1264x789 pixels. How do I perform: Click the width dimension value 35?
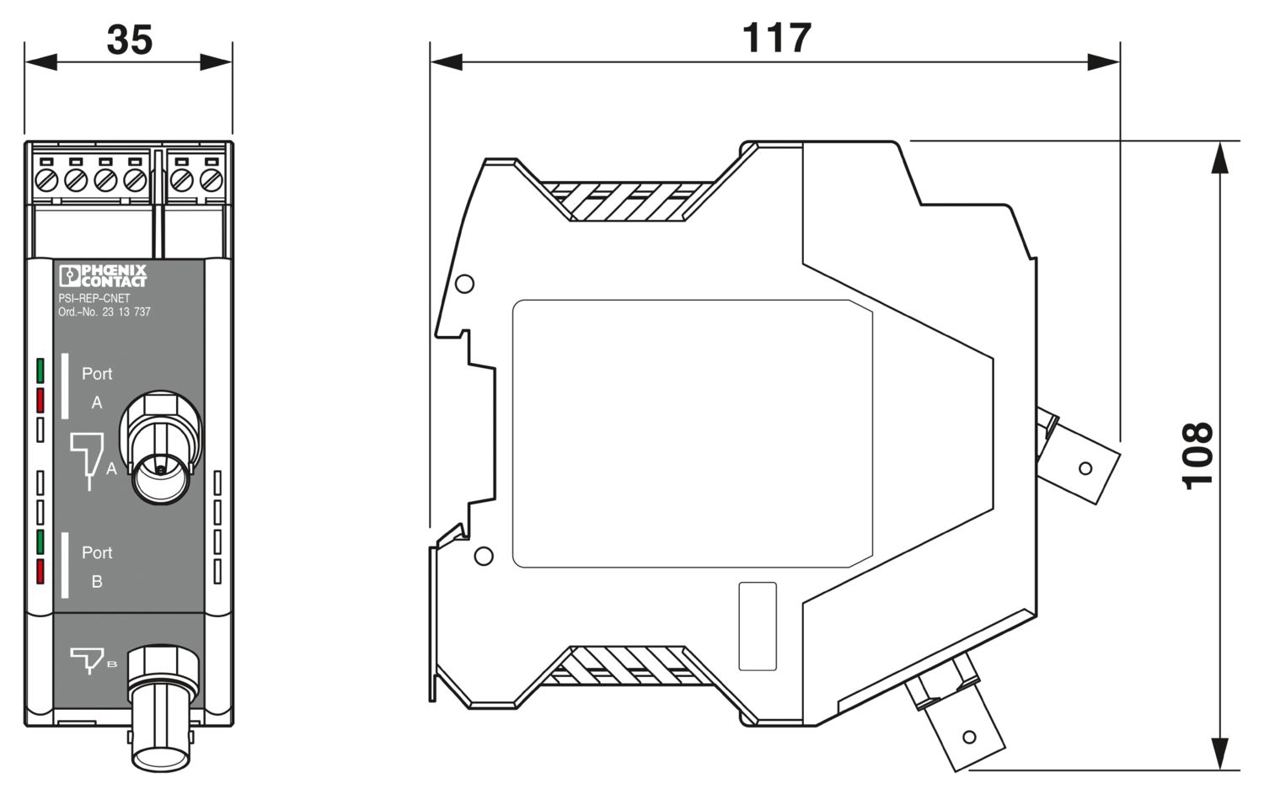click(129, 40)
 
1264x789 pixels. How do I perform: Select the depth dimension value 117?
click(777, 39)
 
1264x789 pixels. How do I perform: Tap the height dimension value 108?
click(1197, 456)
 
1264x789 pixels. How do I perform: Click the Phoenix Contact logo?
click(103, 276)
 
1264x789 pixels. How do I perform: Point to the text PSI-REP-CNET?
click(94, 298)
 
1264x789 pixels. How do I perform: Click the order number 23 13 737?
click(126, 312)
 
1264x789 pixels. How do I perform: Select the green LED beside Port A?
click(40, 371)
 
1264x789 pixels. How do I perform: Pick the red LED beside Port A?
click(40, 400)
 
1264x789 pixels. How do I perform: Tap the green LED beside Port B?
click(40, 542)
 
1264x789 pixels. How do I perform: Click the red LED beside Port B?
click(40, 571)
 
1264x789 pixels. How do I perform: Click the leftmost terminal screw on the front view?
click(46, 181)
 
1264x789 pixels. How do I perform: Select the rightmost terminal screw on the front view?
click(211, 181)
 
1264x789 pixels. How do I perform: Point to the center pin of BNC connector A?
click(161, 470)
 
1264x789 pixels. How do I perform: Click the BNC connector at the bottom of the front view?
click(163, 709)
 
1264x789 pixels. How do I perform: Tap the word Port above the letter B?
click(97, 552)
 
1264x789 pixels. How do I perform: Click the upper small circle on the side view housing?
click(464, 284)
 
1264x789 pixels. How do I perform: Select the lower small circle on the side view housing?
click(484, 556)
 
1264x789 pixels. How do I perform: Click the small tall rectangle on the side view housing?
click(758, 626)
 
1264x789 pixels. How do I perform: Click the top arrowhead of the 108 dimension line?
click(1220, 158)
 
